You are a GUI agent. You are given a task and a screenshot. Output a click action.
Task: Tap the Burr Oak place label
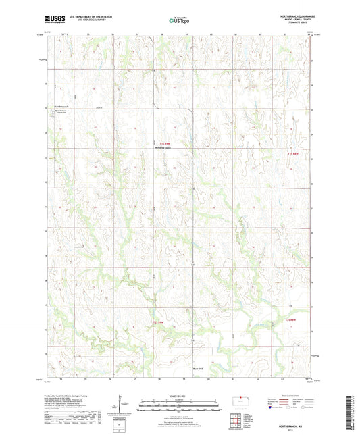(199, 369)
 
